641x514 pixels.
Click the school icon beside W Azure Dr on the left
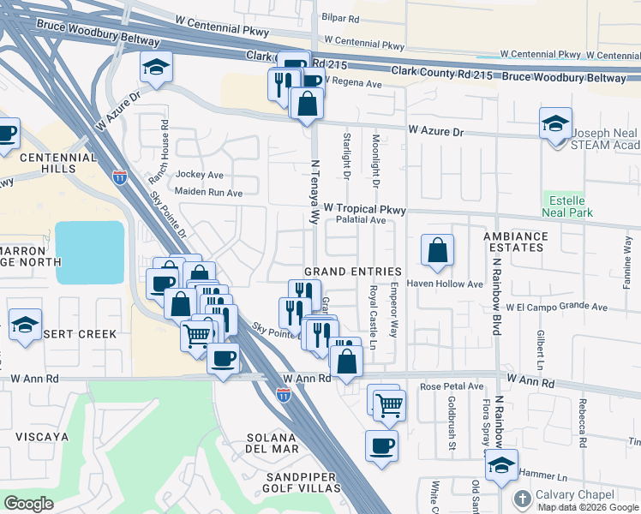(x=156, y=69)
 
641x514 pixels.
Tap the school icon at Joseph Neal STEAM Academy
(x=555, y=123)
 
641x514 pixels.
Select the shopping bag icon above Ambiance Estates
(x=437, y=251)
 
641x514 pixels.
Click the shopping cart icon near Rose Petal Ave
(x=389, y=403)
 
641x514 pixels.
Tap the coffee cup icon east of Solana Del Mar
(x=381, y=445)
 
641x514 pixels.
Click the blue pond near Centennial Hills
(x=89, y=252)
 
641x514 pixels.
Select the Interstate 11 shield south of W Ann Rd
(x=284, y=395)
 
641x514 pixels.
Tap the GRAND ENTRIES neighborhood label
(x=353, y=271)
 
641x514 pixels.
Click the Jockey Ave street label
(x=199, y=174)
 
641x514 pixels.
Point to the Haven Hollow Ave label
(x=445, y=284)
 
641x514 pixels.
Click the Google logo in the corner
(x=29, y=504)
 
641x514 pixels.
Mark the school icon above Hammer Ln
(x=500, y=466)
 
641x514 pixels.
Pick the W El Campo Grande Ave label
(x=556, y=307)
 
